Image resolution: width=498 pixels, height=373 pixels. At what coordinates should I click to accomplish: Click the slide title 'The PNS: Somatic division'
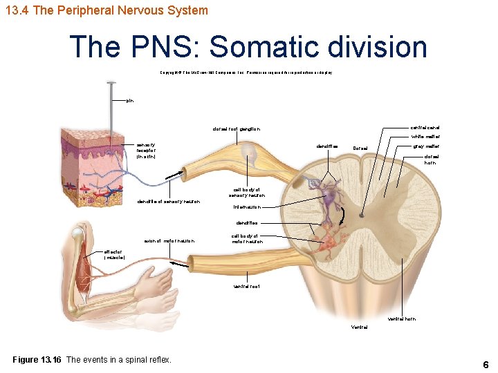coord(248,47)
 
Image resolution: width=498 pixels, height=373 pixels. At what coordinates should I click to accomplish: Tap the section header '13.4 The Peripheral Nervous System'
coord(105,10)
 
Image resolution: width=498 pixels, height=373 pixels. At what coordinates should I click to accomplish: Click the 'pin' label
coord(130,101)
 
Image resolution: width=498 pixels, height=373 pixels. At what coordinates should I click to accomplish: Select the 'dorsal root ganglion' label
coord(236,129)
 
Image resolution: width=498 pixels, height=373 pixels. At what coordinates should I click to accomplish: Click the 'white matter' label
coord(426,137)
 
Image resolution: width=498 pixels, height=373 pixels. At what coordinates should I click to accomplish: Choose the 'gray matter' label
coord(426,146)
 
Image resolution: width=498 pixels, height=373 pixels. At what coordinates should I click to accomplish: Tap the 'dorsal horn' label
coord(431,160)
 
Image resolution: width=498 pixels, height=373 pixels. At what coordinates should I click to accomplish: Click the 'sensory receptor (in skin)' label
coord(151,151)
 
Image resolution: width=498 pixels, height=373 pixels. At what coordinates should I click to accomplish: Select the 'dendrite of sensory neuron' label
coord(169,202)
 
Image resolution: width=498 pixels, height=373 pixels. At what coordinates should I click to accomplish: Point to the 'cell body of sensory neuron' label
coord(247,193)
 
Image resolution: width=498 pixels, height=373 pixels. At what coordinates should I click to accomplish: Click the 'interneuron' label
coord(246,207)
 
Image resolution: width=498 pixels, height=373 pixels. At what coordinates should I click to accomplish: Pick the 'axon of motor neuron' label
coord(169,241)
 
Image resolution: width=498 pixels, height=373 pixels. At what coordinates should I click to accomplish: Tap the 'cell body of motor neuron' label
coord(247,239)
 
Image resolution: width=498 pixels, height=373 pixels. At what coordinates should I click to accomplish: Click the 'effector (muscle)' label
coord(114,255)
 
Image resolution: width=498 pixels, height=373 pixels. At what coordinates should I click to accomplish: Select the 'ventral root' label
coord(247,286)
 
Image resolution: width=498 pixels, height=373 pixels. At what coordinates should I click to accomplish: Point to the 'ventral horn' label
coord(402,319)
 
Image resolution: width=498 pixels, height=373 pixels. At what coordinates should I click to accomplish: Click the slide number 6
coord(486,364)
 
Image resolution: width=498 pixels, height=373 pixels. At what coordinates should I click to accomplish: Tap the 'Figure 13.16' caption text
coord(92,359)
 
